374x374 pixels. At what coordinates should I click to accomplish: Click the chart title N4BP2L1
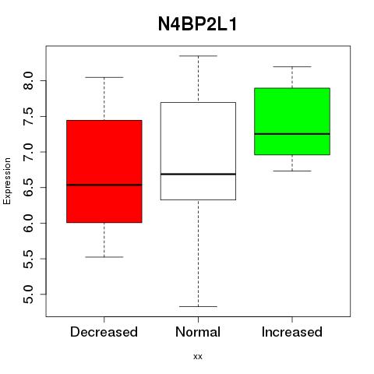coord(197,24)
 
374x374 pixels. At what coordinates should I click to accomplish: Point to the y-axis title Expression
coord(7,181)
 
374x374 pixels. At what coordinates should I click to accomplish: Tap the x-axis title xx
coord(198,357)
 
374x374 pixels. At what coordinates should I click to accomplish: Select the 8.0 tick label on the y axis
coord(28,81)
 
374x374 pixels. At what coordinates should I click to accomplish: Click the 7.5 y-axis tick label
coord(28,116)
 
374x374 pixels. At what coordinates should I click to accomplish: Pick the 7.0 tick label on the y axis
coord(28,152)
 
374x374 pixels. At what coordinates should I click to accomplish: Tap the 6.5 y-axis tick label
coord(28,188)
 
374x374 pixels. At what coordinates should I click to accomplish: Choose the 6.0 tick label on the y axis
coord(28,223)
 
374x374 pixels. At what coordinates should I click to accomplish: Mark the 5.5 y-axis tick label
coord(28,259)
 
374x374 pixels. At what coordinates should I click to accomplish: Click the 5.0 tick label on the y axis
coord(28,295)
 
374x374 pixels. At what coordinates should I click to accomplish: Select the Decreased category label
coord(104,332)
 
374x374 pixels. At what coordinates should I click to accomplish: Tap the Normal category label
coord(198,332)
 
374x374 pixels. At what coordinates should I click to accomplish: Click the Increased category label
coord(292,332)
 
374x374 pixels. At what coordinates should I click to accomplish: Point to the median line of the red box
coord(104,185)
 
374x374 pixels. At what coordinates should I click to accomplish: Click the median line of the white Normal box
coord(198,174)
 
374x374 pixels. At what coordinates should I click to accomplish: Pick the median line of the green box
coord(292,134)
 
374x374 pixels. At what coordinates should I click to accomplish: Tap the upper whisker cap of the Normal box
coord(198,56)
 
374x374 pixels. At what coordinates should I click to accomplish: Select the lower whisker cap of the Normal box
coord(198,306)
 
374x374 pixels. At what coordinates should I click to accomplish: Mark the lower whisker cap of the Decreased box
coord(104,257)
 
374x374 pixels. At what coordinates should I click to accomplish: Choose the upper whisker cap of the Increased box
coord(292,67)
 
